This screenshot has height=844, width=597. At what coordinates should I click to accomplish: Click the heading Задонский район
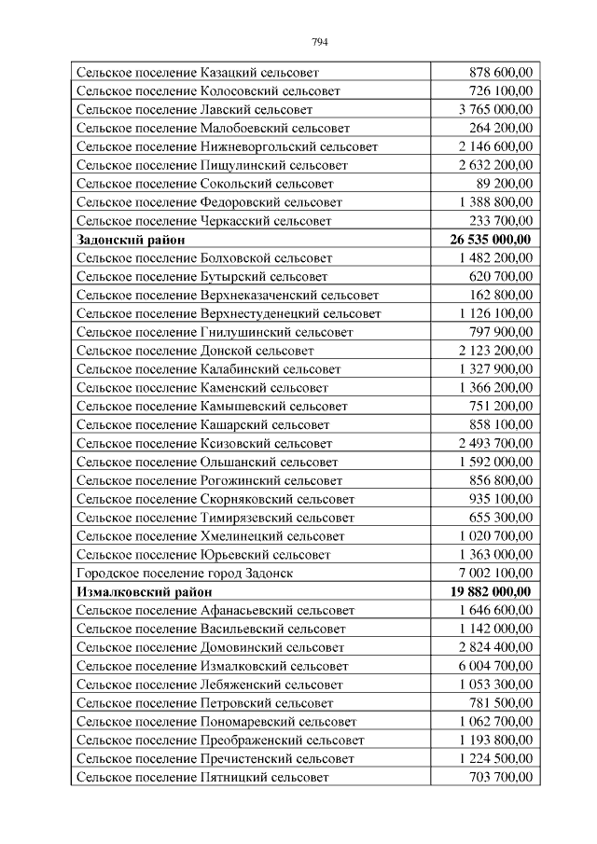click(x=131, y=240)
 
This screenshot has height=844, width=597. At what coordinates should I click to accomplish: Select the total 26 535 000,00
click(x=491, y=240)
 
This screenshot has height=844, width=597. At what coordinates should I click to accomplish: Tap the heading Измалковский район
click(x=145, y=592)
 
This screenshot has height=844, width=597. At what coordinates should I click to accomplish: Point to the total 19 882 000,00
click(x=491, y=592)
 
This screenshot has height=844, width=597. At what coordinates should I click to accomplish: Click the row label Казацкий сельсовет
click(x=198, y=72)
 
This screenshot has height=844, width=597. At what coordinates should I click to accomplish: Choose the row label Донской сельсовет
click(x=195, y=351)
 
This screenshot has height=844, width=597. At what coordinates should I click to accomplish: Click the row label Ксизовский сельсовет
click(x=204, y=444)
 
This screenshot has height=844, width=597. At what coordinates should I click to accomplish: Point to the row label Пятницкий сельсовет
click(x=202, y=777)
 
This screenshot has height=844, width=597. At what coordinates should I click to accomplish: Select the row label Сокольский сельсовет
click(x=204, y=184)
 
